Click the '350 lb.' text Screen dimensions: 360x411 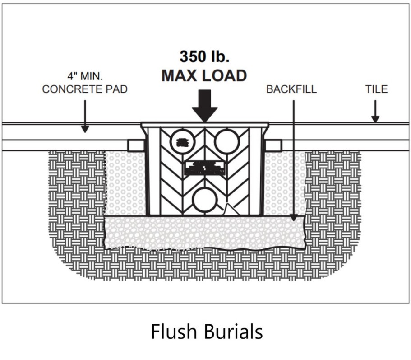[x=204, y=56]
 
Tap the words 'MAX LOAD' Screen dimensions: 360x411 [x=204, y=75]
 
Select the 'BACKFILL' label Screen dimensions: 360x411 [x=291, y=89]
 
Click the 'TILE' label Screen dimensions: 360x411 [x=376, y=89]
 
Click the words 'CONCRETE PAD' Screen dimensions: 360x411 [x=85, y=89]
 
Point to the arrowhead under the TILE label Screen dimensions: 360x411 [x=375, y=119]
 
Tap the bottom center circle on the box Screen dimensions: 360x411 [x=204, y=199]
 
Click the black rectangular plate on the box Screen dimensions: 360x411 [x=204, y=168]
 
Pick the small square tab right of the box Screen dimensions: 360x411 [x=273, y=145]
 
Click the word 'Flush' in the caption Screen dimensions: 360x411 [x=174, y=332]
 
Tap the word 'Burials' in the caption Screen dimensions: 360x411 [x=233, y=332]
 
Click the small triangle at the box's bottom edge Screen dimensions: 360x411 [x=231, y=210]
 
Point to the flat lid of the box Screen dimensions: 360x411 [x=204, y=125]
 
